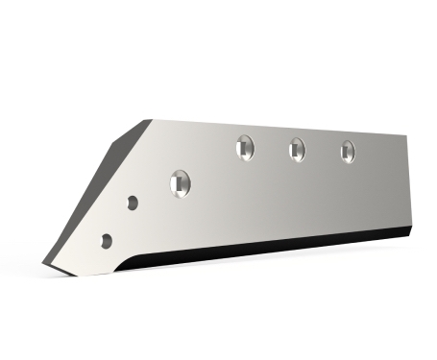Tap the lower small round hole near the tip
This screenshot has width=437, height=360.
click(107, 240)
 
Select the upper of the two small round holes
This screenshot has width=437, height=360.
click(133, 203)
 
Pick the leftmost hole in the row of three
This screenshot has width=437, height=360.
click(245, 149)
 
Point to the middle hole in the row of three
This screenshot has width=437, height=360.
click(297, 149)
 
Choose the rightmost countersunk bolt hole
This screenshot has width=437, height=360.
click(348, 150)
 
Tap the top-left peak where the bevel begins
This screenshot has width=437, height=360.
click(148, 120)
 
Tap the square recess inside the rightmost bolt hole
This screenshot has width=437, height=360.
click(348, 150)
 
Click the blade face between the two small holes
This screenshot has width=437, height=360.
click(120, 222)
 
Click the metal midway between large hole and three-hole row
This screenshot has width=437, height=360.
click(212, 166)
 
